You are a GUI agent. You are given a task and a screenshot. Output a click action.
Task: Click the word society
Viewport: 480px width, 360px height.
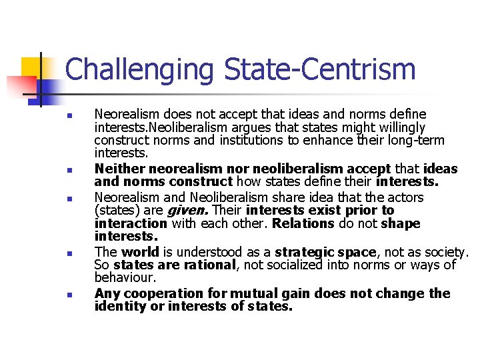(447, 252)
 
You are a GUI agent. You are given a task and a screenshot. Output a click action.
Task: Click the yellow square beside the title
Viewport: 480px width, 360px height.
(33, 69)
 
